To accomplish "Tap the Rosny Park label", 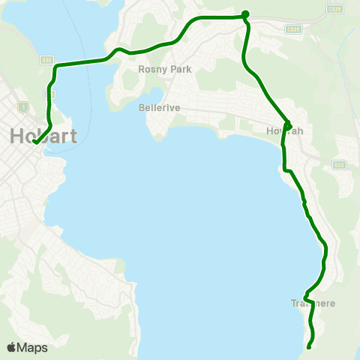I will pyautogui.click(x=165, y=69).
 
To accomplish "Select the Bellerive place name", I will pyautogui.click(x=160, y=107).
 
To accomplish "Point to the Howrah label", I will pyautogui.click(x=285, y=131).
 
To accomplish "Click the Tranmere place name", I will pyautogui.click(x=313, y=304).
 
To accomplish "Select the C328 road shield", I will pyautogui.click(x=293, y=28).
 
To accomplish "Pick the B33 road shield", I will pyautogui.click(x=338, y=165).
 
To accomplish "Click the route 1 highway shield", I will pyautogui.click(x=24, y=106).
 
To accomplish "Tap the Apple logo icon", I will pyautogui.click(x=11, y=347).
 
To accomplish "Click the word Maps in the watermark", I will pyautogui.click(x=32, y=347).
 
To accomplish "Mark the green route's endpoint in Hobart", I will pyautogui.click(x=34, y=142).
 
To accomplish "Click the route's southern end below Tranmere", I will pyautogui.click(x=309, y=346).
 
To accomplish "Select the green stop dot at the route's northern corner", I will pyautogui.click(x=245, y=13).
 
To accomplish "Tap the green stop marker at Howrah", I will pyautogui.click(x=288, y=124).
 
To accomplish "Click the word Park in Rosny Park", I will pyautogui.click(x=181, y=69).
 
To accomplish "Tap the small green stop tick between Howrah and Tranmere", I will pyautogui.click(x=304, y=202).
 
